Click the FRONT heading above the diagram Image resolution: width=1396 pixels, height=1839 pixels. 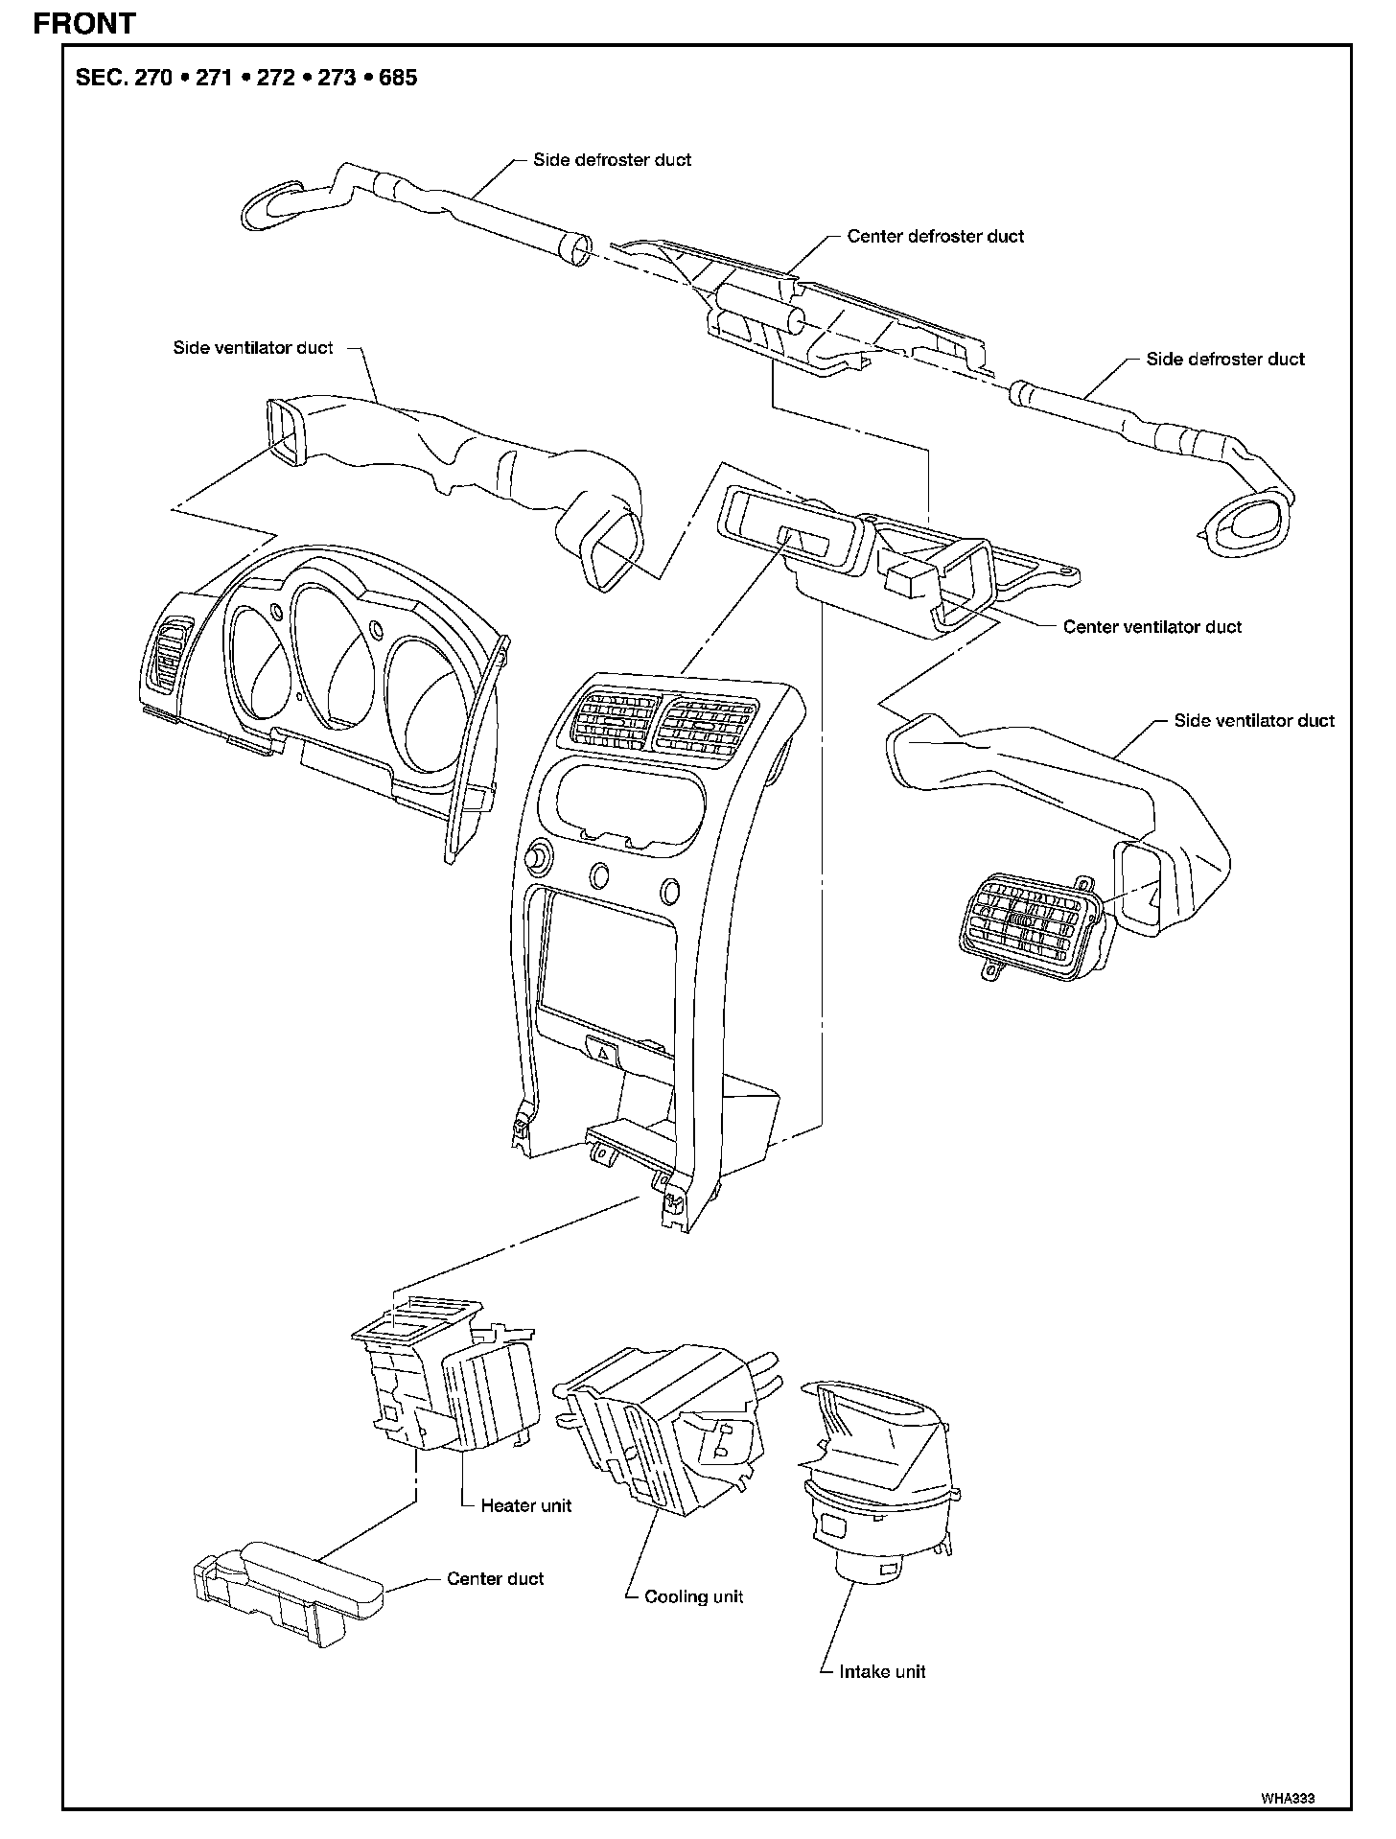coord(84,23)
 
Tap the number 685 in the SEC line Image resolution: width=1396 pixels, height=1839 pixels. coord(397,78)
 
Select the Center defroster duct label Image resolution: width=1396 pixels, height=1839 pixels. coord(935,236)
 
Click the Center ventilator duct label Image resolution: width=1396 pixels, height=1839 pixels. coord(1152,627)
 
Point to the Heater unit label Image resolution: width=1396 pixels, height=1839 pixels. coord(525,1505)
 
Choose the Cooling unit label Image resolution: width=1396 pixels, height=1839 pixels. coord(693,1596)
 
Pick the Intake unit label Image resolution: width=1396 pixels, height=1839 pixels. coord(881,1671)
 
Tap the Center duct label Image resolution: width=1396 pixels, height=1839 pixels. coord(495,1578)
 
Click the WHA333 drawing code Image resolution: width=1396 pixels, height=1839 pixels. coord(1287,1799)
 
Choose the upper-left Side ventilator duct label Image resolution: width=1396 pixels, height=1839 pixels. coord(252,348)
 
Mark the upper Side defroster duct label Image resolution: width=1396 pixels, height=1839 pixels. coord(612,160)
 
